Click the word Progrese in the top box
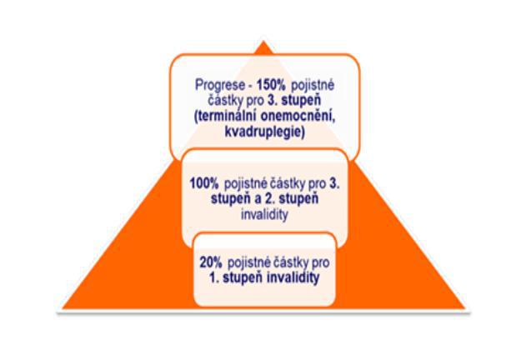pyautogui.click(x=219, y=85)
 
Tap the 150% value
pyautogui.click(x=271, y=85)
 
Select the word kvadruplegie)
pyautogui.click(x=264, y=132)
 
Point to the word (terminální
pyautogui.click(x=226, y=117)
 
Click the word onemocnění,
pyautogui.click(x=298, y=117)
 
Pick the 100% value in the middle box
pyautogui.click(x=204, y=183)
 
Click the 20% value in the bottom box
pyautogui.click(x=211, y=262)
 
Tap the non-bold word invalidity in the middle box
pyautogui.click(x=264, y=214)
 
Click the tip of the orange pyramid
pyautogui.click(x=263, y=41)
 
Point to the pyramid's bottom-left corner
pyautogui.click(x=63, y=308)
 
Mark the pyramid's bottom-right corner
pyautogui.click(x=464, y=308)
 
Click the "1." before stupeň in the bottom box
pyautogui.click(x=214, y=277)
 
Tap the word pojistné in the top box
pyautogui.click(x=313, y=85)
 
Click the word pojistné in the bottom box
pyautogui.click(x=248, y=262)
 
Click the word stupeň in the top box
pyautogui.click(x=301, y=101)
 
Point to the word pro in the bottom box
pyautogui.click(x=320, y=263)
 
